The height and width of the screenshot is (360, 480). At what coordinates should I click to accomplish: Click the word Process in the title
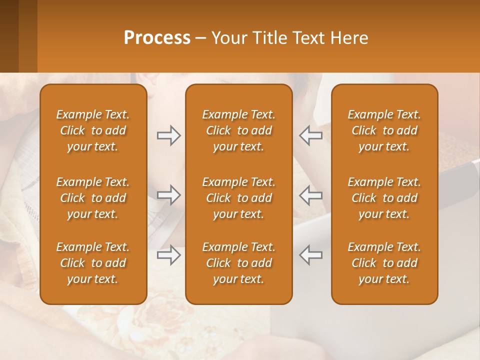pyautogui.click(x=157, y=38)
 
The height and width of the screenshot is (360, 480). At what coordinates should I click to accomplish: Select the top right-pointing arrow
pyautogui.click(x=168, y=135)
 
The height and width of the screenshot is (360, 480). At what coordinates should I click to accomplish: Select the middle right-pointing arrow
pyautogui.click(x=168, y=195)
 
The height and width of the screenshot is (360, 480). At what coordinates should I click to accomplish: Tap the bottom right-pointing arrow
pyautogui.click(x=168, y=255)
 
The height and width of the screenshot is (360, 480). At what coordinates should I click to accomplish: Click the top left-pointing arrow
pyautogui.click(x=311, y=135)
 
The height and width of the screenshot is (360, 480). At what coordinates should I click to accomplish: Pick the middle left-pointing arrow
pyautogui.click(x=311, y=195)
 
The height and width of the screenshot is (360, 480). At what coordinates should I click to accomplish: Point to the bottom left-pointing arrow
pyautogui.click(x=311, y=255)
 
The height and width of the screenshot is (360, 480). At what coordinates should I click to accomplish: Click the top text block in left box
pyautogui.click(x=93, y=130)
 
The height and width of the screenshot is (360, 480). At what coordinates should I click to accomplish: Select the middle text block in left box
pyautogui.click(x=93, y=198)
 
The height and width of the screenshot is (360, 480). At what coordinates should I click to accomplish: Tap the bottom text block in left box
pyautogui.click(x=93, y=263)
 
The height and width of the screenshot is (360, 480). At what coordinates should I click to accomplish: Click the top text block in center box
pyautogui.click(x=239, y=130)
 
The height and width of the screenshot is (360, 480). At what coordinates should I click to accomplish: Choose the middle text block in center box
pyautogui.click(x=239, y=198)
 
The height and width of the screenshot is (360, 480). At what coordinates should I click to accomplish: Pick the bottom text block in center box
pyautogui.click(x=239, y=263)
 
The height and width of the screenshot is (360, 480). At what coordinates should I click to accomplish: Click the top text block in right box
pyautogui.click(x=384, y=130)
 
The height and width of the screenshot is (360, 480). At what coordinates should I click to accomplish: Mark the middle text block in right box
pyautogui.click(x=384, y=198)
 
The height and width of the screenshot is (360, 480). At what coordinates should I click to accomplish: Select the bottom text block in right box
pyautogui.click(x=384, y=263)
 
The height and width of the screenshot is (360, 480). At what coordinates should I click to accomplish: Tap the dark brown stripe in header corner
pyautogui.click(x=9, y=36)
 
